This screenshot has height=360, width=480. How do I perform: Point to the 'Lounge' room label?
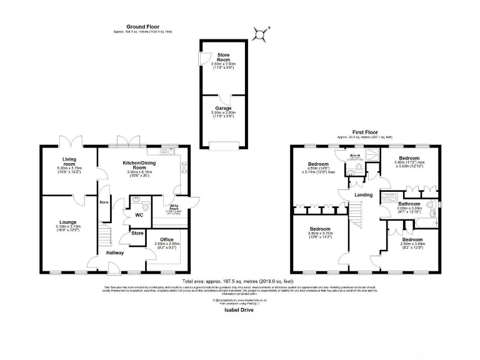click(x=67, y=222)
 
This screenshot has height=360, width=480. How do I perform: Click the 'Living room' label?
click(x=69, y=161)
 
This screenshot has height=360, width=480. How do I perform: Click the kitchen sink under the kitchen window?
click(x=167, y=151)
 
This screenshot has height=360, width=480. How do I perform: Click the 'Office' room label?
click(x=166, y=239)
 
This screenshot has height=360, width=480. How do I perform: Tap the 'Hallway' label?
click(x=114, y=252)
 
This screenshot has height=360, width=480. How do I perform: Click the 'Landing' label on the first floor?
click(x=364, y=195)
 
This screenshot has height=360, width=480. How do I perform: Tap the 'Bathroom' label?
click(x=409, y=204)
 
